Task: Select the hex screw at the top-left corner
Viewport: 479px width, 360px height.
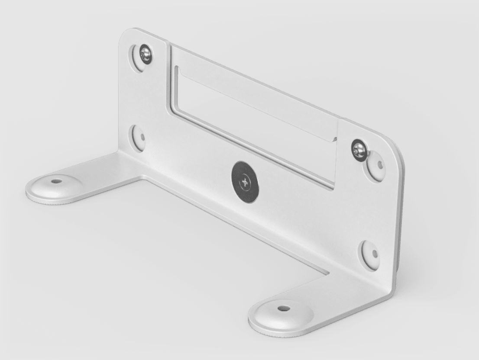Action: [x=146, y=54]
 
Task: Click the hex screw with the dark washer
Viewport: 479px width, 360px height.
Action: [x=359, y=150]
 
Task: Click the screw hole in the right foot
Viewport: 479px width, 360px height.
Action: [x=283, y=309]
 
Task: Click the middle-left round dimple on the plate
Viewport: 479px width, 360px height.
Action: [x=139, y=138]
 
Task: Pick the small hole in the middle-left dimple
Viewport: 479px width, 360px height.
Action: [x=142, y=138]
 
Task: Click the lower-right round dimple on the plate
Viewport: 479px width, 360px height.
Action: [x=369, y=254]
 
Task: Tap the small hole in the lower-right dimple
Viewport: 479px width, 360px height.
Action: [x=375, y=254]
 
